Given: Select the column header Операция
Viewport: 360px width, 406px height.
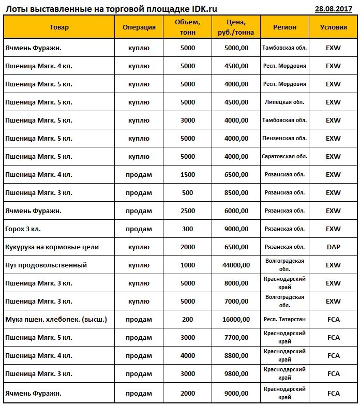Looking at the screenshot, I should tap(139, 27).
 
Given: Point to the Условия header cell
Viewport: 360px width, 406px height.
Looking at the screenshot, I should tap(333, 27).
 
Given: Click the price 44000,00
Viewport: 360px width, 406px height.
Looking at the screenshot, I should tap(236, 265).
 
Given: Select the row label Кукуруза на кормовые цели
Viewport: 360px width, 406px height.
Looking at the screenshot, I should tap(52, 247).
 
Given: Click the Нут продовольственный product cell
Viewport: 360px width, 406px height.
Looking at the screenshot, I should tap(46, 265).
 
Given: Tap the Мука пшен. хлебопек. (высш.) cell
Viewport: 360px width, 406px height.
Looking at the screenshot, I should tap(56, 320).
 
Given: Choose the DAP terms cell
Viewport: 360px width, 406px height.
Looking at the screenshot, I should tap(333, 247).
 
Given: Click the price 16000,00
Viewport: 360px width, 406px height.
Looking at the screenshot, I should tap(236, 320).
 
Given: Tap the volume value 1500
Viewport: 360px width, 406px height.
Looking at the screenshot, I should tap(188, 175).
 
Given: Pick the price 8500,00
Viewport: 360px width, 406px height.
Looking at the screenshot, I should tap(236, 193).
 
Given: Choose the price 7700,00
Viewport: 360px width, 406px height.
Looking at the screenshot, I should tap(236, 338).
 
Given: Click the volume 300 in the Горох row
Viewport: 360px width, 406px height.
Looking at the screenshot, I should tap(188, 229).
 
